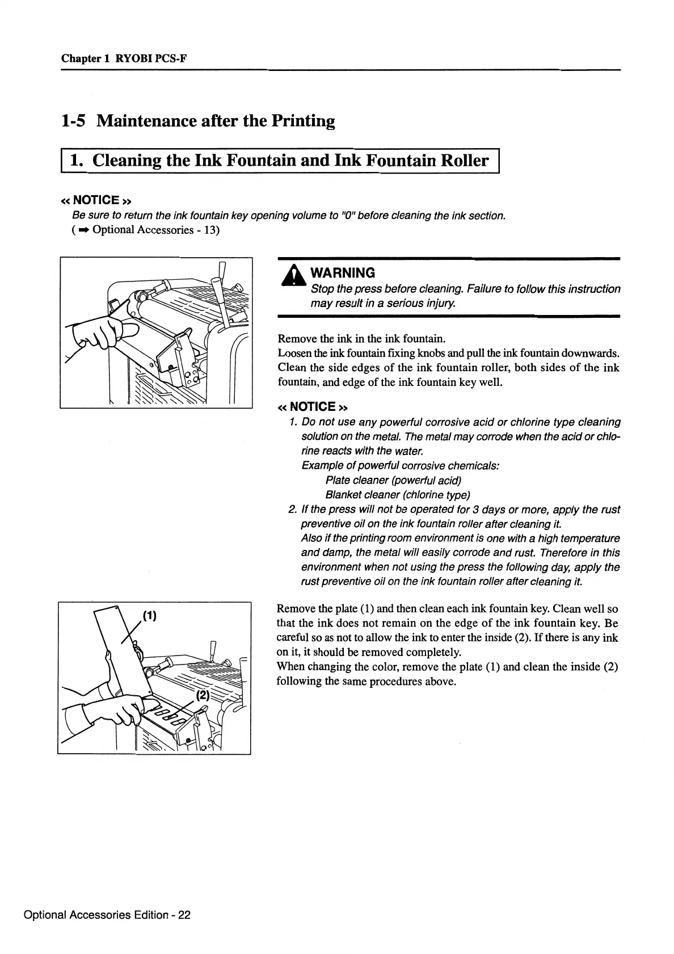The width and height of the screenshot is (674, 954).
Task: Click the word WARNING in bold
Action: tap(343, 273)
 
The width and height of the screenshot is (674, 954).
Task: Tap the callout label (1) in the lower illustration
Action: tap(149, 616)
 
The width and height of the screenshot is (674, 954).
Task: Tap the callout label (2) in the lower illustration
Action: tap(203, 696)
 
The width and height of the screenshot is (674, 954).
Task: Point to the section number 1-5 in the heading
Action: tap(74, 121)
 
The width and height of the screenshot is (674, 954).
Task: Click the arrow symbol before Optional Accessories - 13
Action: tap(83, 230)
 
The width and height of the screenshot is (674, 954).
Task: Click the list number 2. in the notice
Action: tap(293, 510)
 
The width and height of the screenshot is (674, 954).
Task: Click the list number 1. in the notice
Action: tap(293, 422)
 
